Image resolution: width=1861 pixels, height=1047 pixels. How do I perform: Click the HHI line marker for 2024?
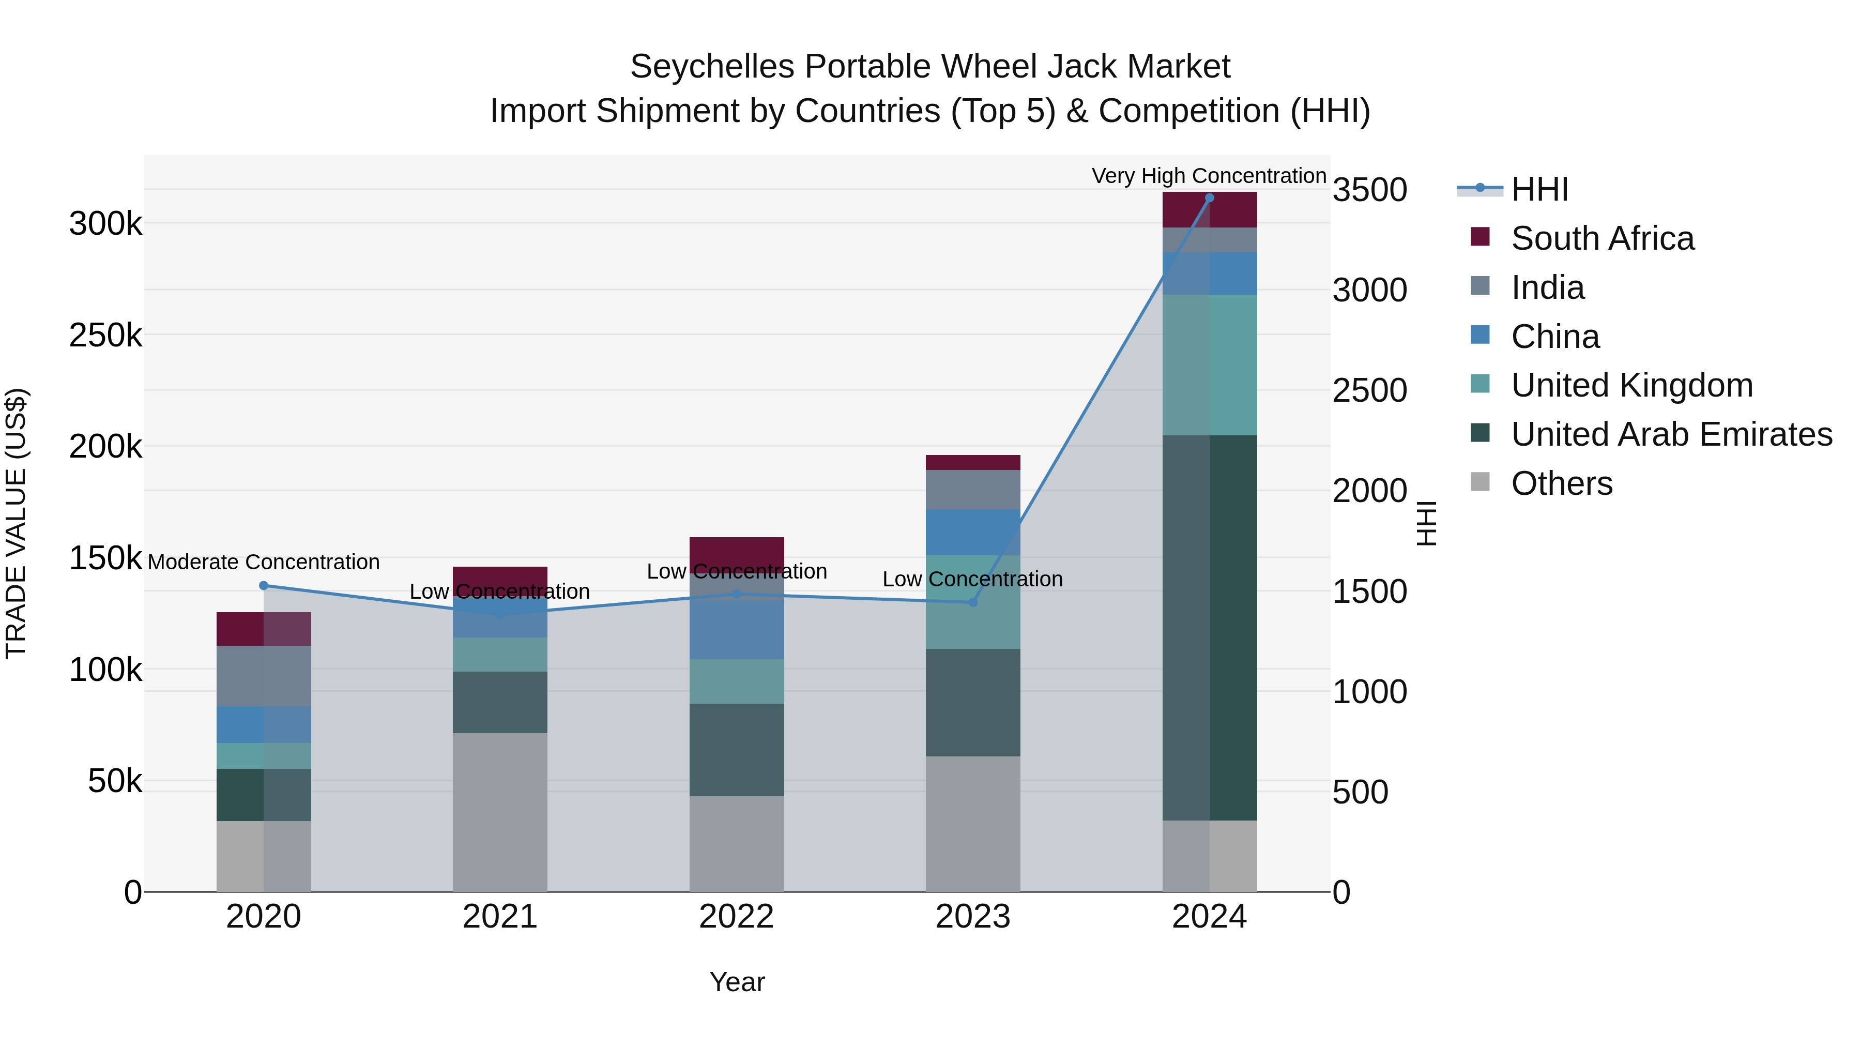coord(1209,198)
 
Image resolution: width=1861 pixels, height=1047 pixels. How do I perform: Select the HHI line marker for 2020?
coord(264,586)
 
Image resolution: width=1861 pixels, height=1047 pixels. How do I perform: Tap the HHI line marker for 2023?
coord(973,603)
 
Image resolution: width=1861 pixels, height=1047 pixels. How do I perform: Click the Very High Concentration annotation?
coord(1209,176)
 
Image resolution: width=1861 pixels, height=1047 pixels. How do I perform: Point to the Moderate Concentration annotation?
coord(264,562)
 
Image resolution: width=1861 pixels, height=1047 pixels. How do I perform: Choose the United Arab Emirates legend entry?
coord(1671,434)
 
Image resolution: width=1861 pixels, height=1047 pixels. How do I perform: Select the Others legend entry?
coord(1561,483)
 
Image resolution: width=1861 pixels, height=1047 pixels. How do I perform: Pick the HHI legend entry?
coord(1539,189)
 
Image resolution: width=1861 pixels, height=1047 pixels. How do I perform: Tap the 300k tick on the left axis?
coord(105,224)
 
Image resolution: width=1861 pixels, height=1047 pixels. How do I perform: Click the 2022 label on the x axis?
coord(736,917)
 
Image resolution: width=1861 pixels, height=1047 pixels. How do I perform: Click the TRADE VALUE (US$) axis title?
coord(16,523)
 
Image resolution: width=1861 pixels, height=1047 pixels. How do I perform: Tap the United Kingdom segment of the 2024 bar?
coord(1209,365)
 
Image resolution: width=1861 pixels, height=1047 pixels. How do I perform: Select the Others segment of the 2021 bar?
coord(500,812)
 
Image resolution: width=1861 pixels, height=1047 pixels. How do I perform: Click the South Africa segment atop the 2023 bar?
coord(973,462)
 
